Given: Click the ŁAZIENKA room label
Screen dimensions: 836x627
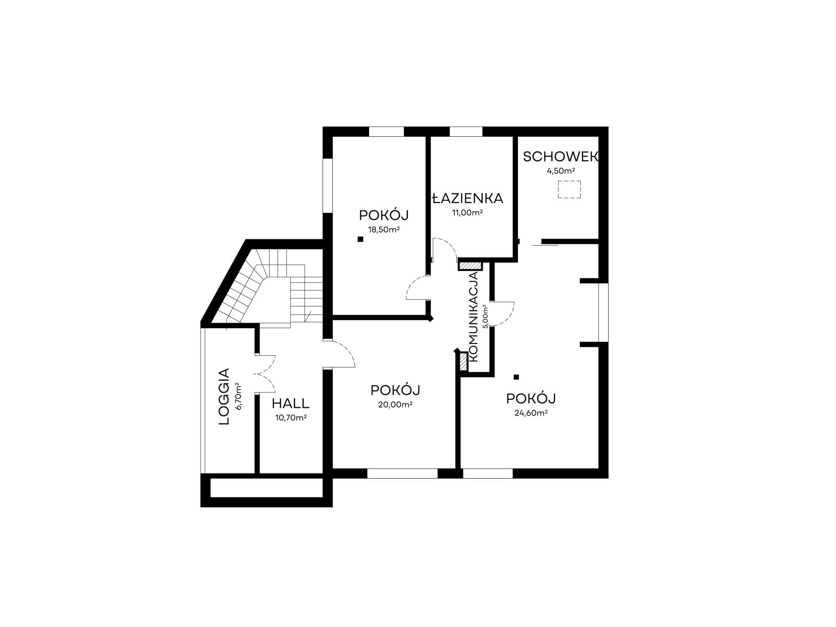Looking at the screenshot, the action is (468, 198).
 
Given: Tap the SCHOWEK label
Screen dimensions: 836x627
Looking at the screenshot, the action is (561, 157).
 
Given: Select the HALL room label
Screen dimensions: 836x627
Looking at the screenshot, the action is (291, 403).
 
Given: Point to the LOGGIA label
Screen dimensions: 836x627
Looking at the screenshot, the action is (224, 396).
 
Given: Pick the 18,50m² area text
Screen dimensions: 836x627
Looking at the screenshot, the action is (384, 229).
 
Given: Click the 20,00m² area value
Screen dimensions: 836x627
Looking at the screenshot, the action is (395, 404).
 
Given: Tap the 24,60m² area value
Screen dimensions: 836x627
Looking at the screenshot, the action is (531, 413).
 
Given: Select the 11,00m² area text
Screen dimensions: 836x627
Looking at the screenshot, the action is (467, 212).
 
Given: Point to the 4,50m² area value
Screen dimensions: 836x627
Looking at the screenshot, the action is (561, 171).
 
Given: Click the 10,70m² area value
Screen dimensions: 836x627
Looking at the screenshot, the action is (291, 418).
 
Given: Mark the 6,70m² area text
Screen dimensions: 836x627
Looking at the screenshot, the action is (238, 396).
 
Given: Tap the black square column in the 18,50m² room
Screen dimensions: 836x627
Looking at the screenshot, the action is (360, 240).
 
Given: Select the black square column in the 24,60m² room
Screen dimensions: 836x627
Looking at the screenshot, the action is (516, 377).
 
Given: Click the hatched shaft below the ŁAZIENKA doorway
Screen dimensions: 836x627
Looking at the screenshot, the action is (470, 265).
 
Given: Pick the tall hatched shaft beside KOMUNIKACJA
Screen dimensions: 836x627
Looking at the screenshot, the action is (463, 362).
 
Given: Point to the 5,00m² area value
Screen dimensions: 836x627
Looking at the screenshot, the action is (485, 316).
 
